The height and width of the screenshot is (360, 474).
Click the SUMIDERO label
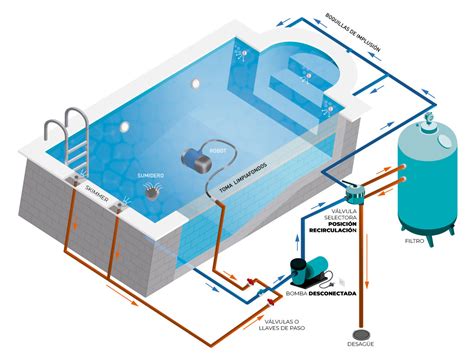[150, 176]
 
